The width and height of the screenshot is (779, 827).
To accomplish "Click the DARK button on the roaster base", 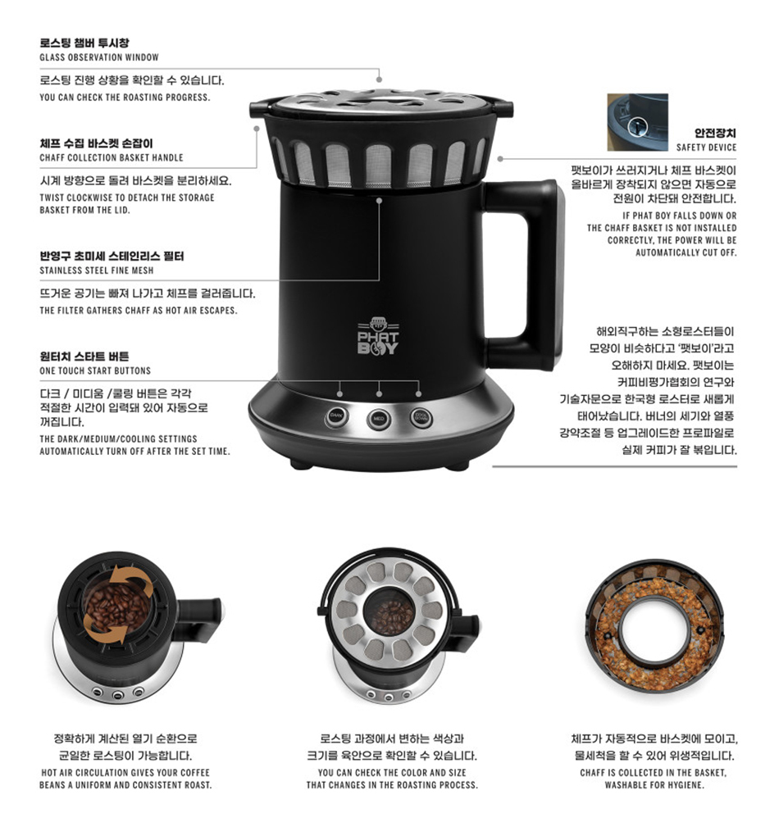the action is click(x=336, y=416).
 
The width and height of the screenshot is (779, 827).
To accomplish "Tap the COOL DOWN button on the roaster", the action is click(x=421, y=418).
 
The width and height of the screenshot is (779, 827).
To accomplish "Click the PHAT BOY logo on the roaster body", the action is click(x=378, y=336).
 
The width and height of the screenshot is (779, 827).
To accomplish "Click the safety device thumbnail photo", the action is click(x=637, y=122).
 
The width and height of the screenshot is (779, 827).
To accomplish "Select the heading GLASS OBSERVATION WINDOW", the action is click(x=99, y=57).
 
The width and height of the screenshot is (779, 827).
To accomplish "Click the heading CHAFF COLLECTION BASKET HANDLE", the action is click(x=112, y=157).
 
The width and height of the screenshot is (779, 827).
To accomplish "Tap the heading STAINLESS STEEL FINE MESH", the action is click(x=97, y=270).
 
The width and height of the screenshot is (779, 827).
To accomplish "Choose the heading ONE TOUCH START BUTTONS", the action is click(x=95, y=370).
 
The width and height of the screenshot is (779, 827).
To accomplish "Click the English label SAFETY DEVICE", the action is click(x=706, y=148).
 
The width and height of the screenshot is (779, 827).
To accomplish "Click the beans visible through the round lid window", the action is click(x=391, y=616).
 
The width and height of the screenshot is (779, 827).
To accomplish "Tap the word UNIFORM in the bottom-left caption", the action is click(x=94, y=784).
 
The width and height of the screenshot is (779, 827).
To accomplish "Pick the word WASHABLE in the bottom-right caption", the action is click(x=627, y=784).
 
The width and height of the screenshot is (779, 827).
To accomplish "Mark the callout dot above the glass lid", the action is click(x=379, y=80).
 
